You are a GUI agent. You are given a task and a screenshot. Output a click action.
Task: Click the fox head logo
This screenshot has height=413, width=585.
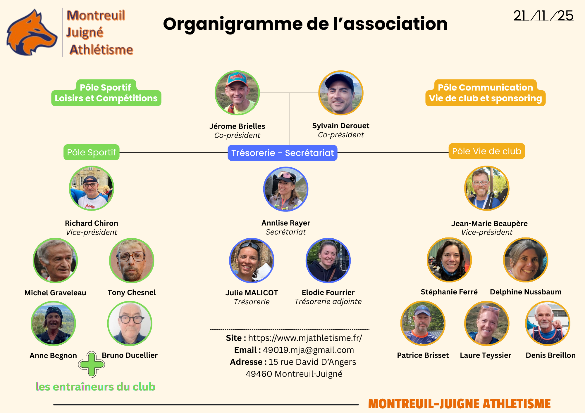(x=32, y=32)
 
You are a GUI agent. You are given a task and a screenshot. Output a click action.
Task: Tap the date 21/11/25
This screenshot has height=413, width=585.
(x=543, y=16)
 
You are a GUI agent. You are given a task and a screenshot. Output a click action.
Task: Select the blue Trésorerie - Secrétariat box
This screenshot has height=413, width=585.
(x=282, y=153)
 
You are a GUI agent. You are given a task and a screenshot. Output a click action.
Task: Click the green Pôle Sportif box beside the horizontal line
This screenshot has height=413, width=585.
(x=91, y=152)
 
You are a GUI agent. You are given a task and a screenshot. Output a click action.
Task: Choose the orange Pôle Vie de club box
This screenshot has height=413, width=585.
(x=486, y=151)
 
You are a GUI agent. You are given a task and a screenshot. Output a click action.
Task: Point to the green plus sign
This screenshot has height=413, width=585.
(x=92, y=364)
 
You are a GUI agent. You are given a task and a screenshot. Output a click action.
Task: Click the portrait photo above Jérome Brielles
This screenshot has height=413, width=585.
(x=237, y=93)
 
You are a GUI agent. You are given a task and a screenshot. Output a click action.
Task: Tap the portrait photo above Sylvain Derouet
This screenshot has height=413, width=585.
(x=341, y=93)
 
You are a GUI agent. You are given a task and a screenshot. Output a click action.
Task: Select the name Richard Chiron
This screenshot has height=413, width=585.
(x=92, y=223)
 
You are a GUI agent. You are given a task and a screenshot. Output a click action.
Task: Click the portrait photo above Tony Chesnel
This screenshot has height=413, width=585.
(x=132, y=261)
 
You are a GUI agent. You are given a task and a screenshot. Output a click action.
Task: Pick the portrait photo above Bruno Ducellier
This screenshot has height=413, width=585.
(x=130, y=324)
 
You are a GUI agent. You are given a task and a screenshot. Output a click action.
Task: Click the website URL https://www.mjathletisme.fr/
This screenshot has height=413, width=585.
(x=305, y=338)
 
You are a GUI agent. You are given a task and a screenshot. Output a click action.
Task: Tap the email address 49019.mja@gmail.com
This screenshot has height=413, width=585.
(x=308, y=350)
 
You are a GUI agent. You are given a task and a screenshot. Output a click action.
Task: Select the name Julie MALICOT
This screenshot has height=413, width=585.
(x=252, y=293)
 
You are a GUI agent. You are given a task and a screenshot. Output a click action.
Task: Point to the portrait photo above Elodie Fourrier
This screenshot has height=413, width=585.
(x=328, y=261)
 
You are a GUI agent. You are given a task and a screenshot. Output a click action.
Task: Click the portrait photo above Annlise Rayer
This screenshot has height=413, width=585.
(x=286, y=189)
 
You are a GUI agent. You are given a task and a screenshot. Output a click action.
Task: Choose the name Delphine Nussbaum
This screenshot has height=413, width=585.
(x=526, y=292)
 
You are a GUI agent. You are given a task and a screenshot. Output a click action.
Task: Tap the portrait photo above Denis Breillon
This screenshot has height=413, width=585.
(x=548, y=323)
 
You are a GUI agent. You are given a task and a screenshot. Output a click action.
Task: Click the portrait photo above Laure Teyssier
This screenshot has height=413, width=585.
(x=487, y=323)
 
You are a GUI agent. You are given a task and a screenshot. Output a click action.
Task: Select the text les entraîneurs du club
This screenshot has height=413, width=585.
(x=95, y=387)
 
